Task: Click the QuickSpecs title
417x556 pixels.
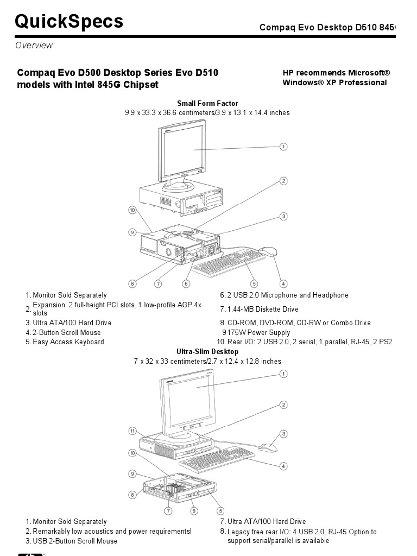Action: tap(69, 22)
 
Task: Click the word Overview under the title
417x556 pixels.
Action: tap(34, 46)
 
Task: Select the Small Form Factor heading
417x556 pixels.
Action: tap(207, 103)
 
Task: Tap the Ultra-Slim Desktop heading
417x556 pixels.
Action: tap(207, 351)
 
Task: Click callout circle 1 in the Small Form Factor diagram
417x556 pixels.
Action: tap(283, 147)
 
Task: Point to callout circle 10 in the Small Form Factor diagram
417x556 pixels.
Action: tap(132, 210)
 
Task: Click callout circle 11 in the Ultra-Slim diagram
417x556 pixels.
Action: tap(132, 431)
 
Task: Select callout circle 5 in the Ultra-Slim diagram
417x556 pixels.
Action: tap(220, 510)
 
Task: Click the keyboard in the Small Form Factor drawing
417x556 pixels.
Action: tap(228, 263)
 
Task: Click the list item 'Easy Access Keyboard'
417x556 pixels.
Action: tap(68, 342)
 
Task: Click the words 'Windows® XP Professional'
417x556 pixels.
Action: tap(334, 83)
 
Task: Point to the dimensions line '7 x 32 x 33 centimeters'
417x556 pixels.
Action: tap(207, 361)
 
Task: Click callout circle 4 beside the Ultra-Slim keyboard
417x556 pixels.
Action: tap(283, 466)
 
